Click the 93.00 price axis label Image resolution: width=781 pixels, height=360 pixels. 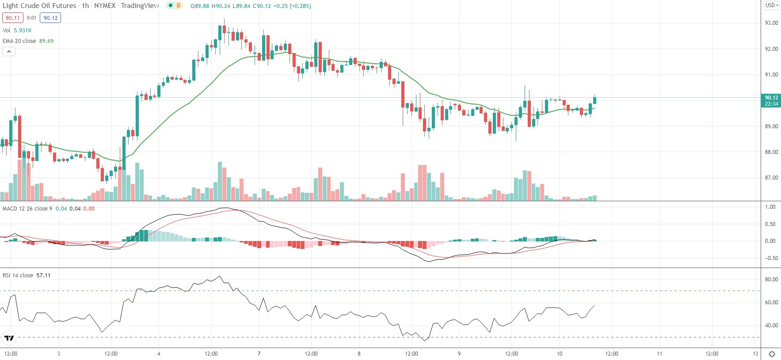771,23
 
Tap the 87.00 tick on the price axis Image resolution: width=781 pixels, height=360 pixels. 771,178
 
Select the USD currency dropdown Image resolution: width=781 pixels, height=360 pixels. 772,5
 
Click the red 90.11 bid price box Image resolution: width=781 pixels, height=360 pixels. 13,18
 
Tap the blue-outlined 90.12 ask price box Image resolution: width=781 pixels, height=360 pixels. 50,18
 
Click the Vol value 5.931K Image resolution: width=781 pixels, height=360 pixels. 23,31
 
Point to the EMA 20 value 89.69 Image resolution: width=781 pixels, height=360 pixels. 46,41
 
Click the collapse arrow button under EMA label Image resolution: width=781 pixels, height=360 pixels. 9,52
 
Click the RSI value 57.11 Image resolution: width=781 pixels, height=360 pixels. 43,276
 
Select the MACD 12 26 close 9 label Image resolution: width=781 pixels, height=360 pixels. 27,209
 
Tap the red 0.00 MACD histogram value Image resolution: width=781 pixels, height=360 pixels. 89,209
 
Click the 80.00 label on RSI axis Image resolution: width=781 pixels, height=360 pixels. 771,280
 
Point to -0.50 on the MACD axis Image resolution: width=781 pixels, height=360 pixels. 770,258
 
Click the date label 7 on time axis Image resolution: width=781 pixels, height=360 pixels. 259,354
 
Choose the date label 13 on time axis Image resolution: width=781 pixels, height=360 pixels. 755,354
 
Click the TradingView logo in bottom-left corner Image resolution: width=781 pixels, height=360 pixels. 9,338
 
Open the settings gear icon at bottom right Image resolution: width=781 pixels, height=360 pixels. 772,354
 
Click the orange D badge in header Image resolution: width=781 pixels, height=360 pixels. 179,6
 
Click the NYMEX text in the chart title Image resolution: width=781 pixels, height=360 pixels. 105,6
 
